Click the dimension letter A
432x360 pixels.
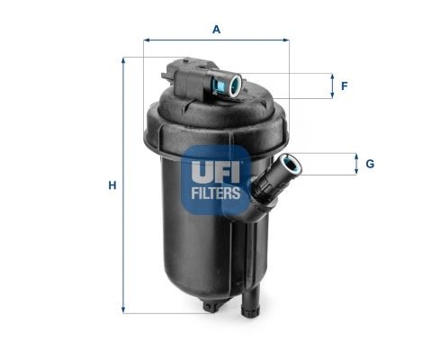[x=216, y=29]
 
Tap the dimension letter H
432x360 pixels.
[x=112, y=185]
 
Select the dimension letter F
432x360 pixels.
[x=344, y=86]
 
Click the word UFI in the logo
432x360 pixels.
[x=216, y=168]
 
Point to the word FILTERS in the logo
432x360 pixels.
[x=216, y=192]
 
